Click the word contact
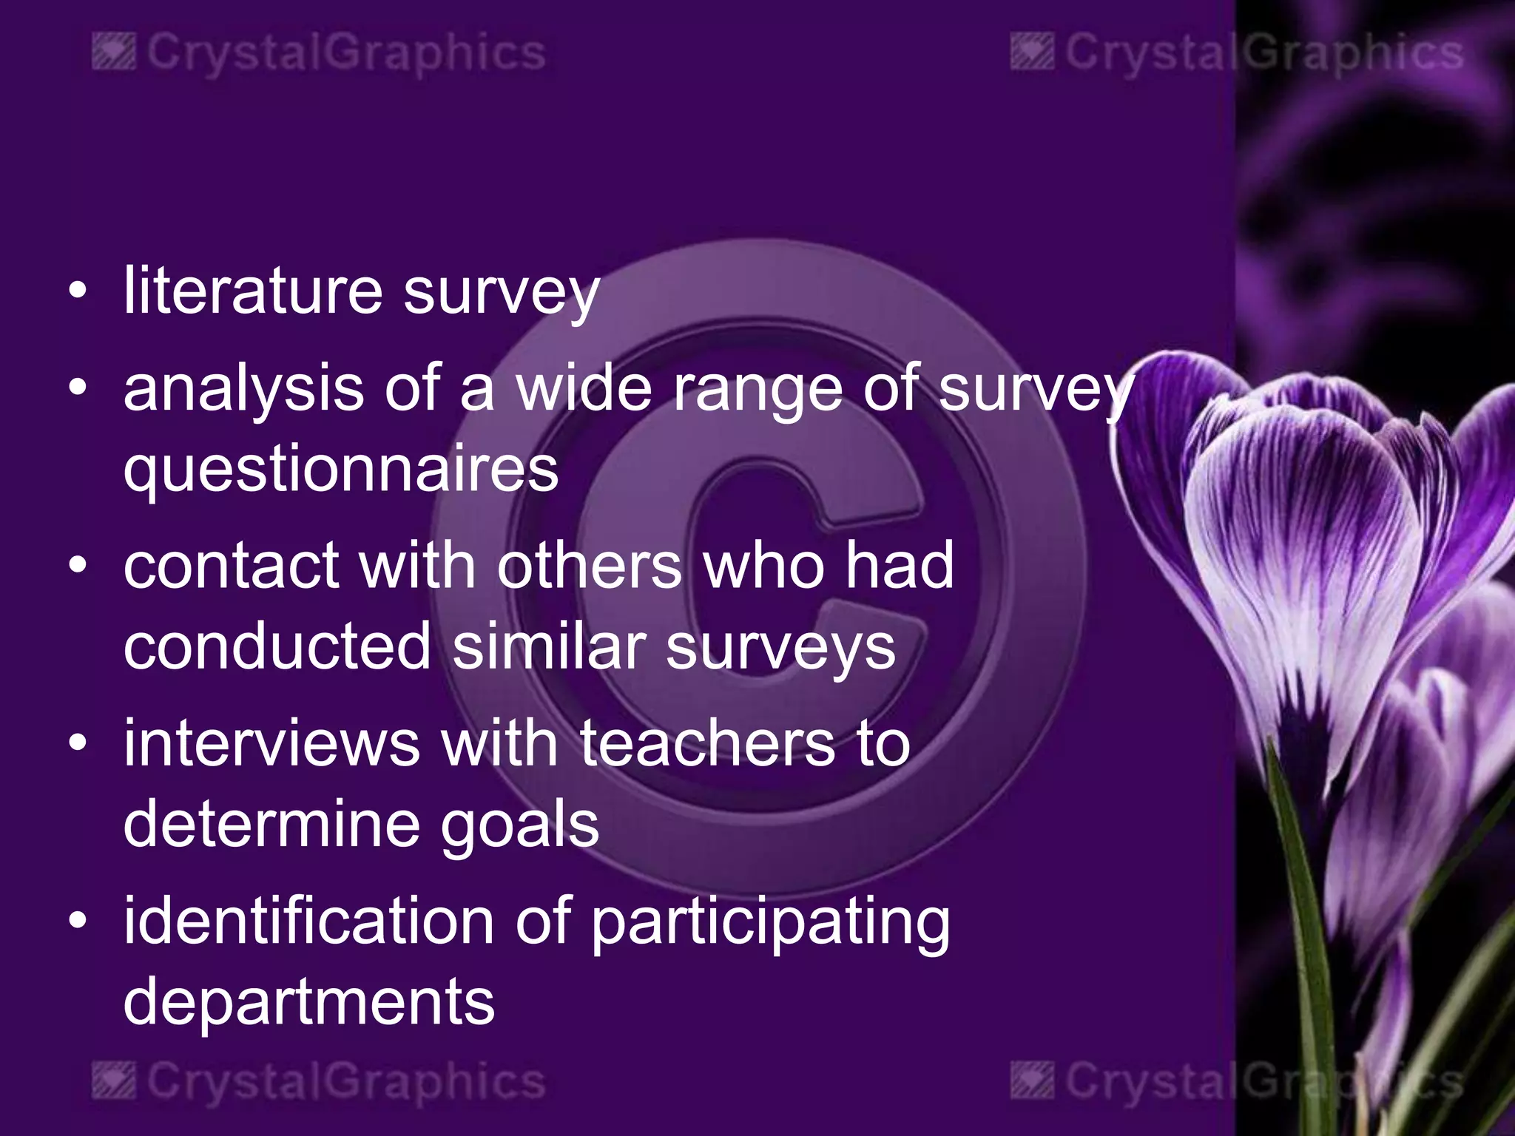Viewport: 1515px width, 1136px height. (231, 566)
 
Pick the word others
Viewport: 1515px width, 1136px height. (589, 566)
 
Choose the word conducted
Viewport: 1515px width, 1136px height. (277, 646)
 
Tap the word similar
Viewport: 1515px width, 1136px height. (549, 646)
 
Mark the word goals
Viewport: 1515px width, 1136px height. (519, 825)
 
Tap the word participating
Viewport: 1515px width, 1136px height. (770, 922)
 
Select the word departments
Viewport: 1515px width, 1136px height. (308, 1002)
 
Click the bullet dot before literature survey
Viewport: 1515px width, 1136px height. (78, 291)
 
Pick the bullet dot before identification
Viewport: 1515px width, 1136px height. (78, 922)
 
